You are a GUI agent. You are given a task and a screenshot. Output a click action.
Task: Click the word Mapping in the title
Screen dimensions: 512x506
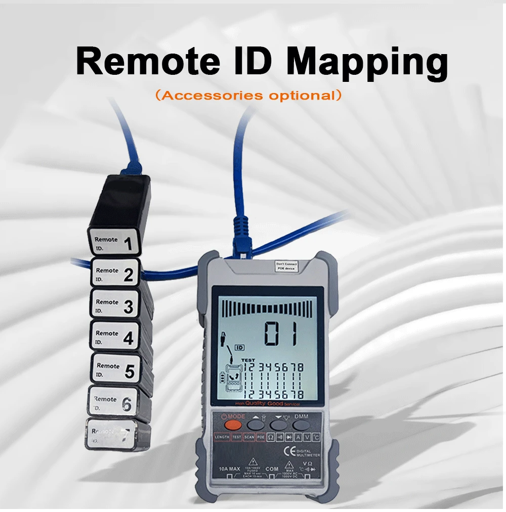pyautogui.click(x=367, y=63)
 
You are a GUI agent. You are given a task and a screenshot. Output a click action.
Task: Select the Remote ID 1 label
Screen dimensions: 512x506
pyautogui.click(x=114, y=243)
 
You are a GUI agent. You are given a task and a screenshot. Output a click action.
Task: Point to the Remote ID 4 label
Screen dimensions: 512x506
pyautogui.click(x=114, y=337)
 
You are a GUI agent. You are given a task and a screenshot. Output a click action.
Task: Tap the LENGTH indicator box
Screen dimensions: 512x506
pyautogui.click(x=222, y=437)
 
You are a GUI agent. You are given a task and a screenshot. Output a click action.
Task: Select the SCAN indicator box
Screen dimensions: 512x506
pyautogui.click(x=248, y=437)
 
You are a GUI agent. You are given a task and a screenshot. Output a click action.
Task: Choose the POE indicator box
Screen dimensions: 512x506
pyautogui.click(x=261, y=437)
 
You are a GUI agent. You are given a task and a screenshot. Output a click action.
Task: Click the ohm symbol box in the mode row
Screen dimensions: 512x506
pyautogui.click(x=271, y=437)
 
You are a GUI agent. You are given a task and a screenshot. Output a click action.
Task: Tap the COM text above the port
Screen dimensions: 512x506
pyautogui.click(x=272, y=469)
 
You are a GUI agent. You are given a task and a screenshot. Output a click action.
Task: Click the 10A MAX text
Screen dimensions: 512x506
pyautogui.click(x=229, y=470)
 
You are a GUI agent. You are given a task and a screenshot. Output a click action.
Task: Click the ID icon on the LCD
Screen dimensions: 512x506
pyautogui.click(x=239, y=347)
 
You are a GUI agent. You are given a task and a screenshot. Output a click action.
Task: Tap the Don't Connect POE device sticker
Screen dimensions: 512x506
pyautogui.click(x=286, y=266)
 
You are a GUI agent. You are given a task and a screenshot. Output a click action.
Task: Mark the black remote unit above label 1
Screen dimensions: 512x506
pyautogui.click(x=123, y=202)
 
